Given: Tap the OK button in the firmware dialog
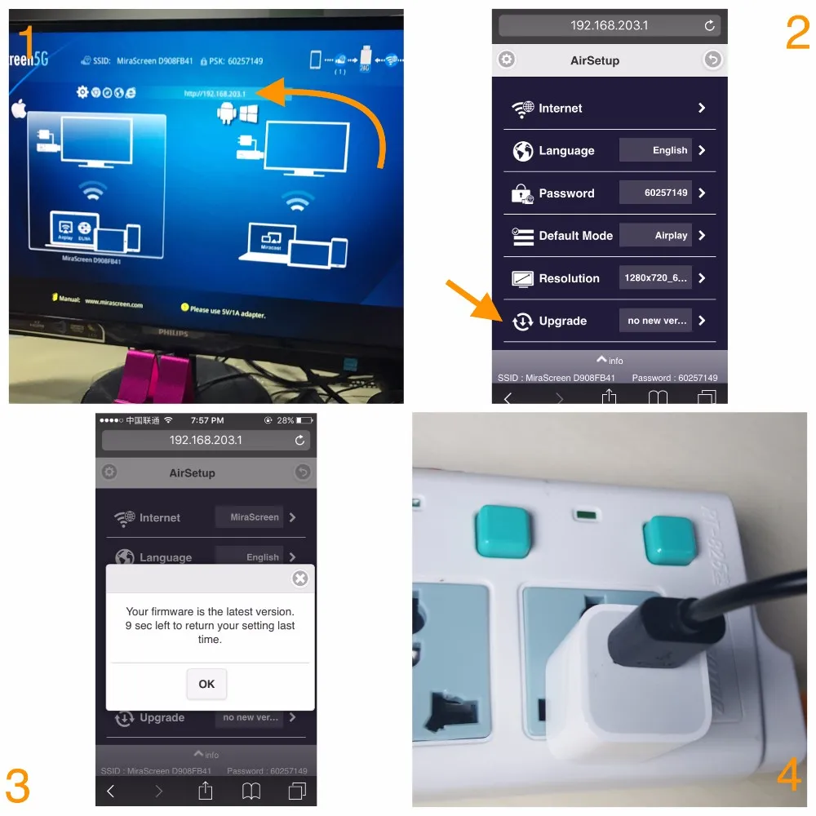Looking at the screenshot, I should coord(206,684).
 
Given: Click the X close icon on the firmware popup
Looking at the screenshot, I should coord(300,579).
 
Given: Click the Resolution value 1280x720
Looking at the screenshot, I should coord(655,278).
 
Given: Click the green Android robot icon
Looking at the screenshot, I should coord(225,113).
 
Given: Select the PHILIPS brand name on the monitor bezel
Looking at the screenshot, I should coord(172,334).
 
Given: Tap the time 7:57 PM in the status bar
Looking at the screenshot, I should coord(206,420).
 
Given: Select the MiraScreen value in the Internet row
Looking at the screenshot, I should coord(254,517).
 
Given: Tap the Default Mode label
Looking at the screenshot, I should coord(575,236).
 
